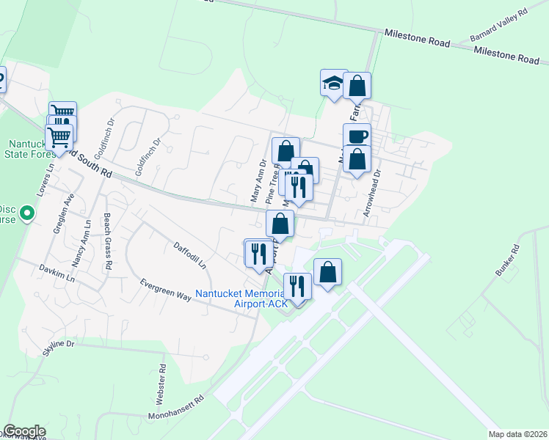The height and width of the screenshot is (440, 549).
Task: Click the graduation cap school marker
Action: [x=334, y=83]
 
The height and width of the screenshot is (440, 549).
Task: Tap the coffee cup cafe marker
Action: [x=357, y=136]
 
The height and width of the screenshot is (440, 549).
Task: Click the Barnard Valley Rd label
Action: [x=498, y=23]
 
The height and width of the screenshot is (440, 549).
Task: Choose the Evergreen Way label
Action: [x=166, y=290]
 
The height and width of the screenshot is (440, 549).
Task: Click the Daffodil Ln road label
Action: [x=190, y=254]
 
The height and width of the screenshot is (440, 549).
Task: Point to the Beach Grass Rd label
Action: [x=107, y=242]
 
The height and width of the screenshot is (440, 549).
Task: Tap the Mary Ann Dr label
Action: [x=257, y=183]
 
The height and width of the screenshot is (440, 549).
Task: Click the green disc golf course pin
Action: [x=28, y=214]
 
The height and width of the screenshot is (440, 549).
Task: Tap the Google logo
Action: [x=24, y=431]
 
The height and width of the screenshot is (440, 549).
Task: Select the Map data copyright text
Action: [x=517, y=433]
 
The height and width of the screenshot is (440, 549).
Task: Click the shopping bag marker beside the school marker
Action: [x=357, y=86]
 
